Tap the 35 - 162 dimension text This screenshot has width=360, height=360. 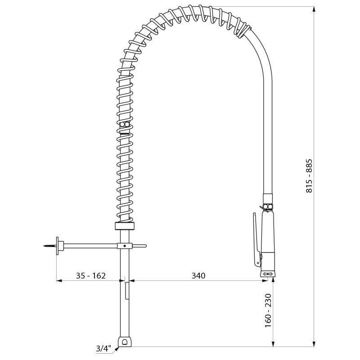pos(90,275)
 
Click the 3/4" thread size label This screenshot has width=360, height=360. pos(103,348)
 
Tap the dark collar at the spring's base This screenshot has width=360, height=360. pos(125,226)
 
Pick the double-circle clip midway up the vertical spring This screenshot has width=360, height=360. pos(125,124)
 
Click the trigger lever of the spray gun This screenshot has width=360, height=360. pos(255,238)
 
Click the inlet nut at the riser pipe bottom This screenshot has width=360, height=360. pos(124,342)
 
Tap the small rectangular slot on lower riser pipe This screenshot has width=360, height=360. pos(127,291)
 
